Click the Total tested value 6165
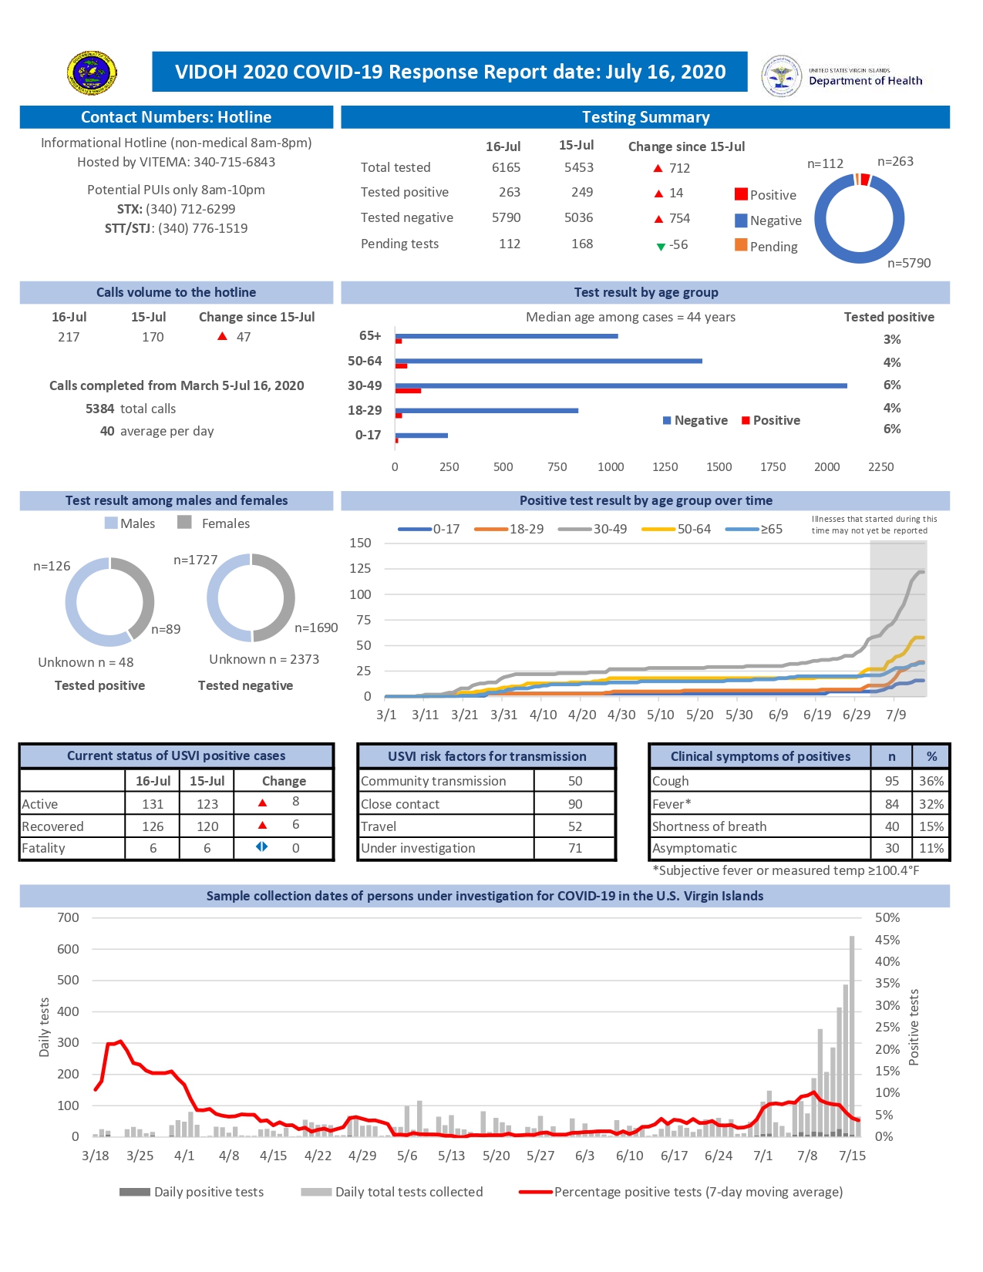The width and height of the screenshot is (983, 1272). point(506,167)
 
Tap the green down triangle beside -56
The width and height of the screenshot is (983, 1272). point(660,246)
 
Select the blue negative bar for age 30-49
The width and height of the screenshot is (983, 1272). point(621,385)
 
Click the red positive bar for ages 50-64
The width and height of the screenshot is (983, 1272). point(401,366)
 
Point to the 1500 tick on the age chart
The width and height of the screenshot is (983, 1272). point(719,467)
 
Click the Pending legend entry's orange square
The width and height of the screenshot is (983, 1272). point(741,245)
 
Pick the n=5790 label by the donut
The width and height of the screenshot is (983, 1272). point(908,263)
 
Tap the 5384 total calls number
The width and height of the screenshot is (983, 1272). point(99,409)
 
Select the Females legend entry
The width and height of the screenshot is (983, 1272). point(225,523)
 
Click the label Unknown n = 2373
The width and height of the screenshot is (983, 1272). point(264,659)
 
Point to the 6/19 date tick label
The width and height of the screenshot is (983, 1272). point(816,715)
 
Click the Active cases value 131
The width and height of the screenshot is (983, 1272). point(153,804)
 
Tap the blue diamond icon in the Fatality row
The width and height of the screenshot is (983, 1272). point(262,846)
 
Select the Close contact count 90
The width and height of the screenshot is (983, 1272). point(574,804)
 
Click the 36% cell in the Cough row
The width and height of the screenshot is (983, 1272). point(931,781)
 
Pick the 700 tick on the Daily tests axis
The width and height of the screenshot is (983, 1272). point(68,917)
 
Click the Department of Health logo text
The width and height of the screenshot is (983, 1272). point(865,80)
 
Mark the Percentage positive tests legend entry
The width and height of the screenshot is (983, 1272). point(698,1192)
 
